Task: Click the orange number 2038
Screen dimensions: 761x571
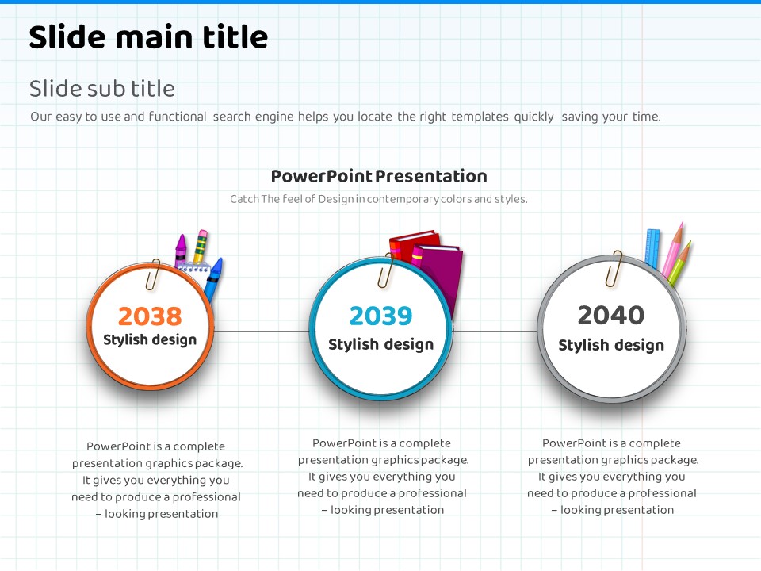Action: [x=150, y=316]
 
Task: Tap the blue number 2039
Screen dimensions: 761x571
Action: [x=381, y=316]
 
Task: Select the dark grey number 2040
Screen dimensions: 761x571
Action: [x=611, y=315]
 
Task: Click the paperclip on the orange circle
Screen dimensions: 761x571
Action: [x=153, y=275]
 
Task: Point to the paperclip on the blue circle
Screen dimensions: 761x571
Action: [x=386, y=270]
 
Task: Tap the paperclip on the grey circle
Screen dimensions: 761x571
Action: [x=614, y=268]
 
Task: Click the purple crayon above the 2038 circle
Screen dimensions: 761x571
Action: [x=181, y=249]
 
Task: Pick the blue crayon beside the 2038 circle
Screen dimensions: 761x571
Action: [x=213, y=278]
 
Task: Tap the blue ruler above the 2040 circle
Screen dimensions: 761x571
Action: [x=652, y=247]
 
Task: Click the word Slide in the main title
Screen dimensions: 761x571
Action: [x=67, y=37]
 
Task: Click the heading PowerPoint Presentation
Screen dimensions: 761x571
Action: [x=379, y=176]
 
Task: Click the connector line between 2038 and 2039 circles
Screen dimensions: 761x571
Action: [x=262, y=332]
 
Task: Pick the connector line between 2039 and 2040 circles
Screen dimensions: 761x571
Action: [x=495, y=332]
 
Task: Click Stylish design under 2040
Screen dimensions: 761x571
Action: [x=611, y=345]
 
